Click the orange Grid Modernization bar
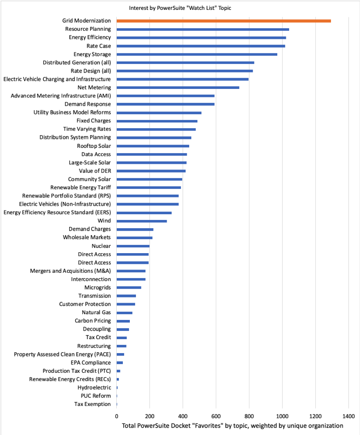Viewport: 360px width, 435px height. pos(224,20)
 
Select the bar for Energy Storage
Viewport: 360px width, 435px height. pos(197,54)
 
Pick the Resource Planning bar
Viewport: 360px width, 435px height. pos(203,29)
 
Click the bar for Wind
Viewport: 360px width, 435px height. pos(142,221)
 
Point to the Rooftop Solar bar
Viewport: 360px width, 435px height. pos(153,146)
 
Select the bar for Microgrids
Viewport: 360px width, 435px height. pos(129,288)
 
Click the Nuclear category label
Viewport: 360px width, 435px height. pos(101,246)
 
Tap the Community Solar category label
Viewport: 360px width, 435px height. pos(89,179)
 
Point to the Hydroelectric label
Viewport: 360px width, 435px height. pos(94,387)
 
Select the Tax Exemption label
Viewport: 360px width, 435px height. pos(93,404)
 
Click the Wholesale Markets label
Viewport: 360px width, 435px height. pos(87,238)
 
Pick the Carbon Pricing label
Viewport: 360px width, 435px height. pos(93,321)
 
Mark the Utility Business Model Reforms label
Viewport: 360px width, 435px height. pos(72,112)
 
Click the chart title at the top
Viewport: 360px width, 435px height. pos(180,8)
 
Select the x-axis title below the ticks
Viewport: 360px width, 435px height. pos(232,426)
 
